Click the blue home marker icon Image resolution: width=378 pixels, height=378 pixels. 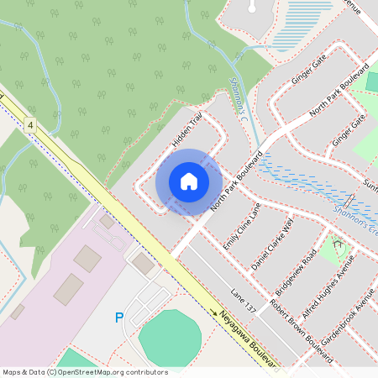point(189,181)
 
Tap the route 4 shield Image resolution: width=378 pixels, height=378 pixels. point(31,124)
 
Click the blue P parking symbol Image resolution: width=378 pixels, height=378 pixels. point(118,318)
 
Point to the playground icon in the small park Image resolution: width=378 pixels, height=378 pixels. point(339,246)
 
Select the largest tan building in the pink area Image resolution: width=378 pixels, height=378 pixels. point(70,288)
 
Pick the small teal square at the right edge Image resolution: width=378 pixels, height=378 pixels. point(373,82)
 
